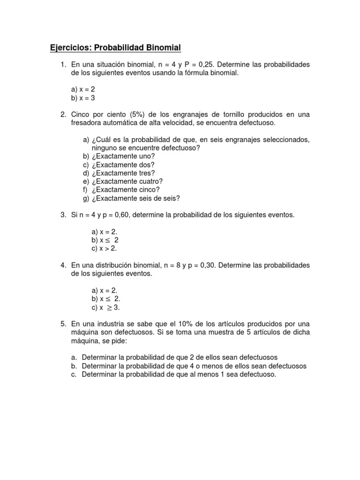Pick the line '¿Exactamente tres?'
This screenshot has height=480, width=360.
point(123,173)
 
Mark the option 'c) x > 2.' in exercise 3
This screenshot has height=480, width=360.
point(104,248)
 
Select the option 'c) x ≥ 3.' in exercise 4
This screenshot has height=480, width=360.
point(106,307)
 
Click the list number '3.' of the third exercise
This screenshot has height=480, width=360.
point(63,215)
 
